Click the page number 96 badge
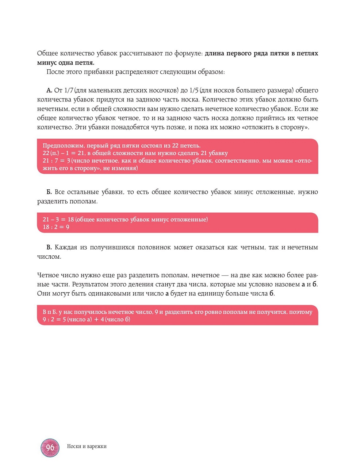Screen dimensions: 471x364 coord(50,447)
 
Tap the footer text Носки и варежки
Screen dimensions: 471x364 coord(87,446)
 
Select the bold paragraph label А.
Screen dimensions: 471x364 coord(49,90)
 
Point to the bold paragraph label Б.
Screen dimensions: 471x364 coord(49,192)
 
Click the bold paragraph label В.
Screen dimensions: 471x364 coord(49,247)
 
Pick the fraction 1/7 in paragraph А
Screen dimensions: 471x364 coord(69,90)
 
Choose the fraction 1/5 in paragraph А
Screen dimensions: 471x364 coord(194,90)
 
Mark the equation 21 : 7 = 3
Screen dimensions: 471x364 coord(56,161)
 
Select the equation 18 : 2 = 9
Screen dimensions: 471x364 coord(56,227)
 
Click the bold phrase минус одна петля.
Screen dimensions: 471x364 coord(66,62)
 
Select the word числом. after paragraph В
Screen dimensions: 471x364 coord(49,256)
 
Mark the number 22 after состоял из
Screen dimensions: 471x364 coord(175,146)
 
